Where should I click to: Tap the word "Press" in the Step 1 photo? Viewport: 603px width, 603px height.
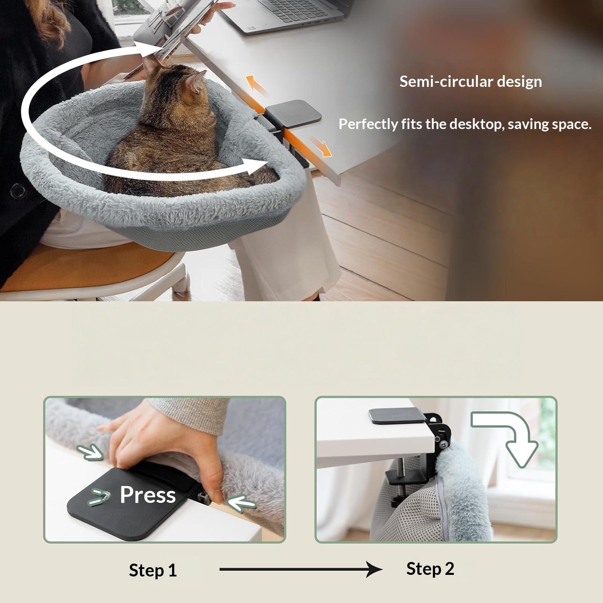[x=148, y=494]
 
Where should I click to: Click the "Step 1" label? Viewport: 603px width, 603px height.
[x=153, y=570]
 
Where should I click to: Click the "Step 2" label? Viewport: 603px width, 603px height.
[x=430, y=569]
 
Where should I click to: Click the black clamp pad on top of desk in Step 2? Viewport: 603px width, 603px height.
[x=397, y=416]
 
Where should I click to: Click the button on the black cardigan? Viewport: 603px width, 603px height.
[x=17, y=190]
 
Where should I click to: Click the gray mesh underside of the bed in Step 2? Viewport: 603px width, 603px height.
[x=406, y=519]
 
